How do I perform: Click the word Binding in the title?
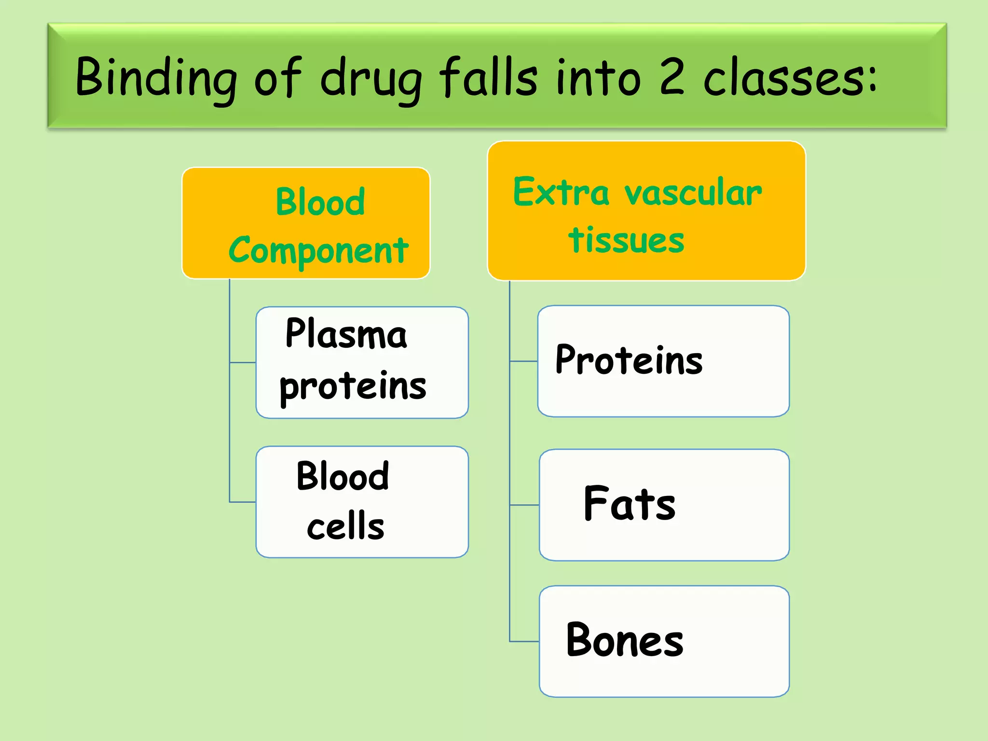coord(156,77)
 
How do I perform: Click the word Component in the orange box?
coord(318,251)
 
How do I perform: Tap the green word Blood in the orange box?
coord(320,202)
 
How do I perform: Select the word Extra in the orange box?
coord(561,192)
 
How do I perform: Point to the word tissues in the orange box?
coord(626,240)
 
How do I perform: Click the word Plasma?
coord(346,334)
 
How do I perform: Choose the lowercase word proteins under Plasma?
coord(353,387)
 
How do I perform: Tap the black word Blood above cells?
coord(343,476)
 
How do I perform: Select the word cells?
coord(345,526)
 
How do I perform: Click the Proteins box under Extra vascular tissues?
coord(663,361)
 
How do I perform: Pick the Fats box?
coord(664,505)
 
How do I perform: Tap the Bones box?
coord(664,641)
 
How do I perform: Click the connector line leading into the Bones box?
coord(524,642)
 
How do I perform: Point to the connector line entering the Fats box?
coord(524,505)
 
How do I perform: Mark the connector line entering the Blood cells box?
coord(243,502)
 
